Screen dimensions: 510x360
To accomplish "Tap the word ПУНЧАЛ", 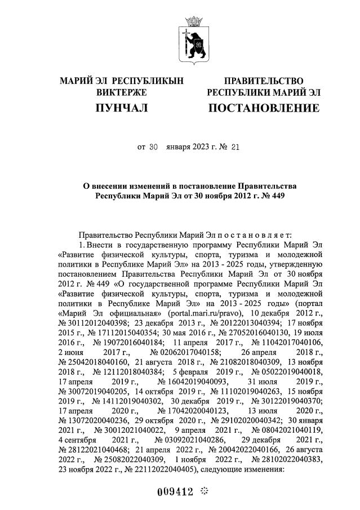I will (122, 108).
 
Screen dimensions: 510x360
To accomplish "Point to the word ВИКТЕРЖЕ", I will (122, 92).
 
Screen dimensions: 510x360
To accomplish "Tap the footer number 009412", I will (175, 491).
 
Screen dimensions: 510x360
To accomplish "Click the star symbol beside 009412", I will (205, 491).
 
